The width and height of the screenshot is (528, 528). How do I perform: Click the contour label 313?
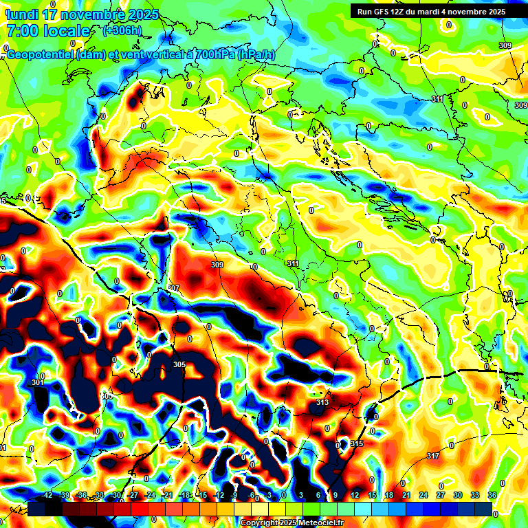pos(322,402)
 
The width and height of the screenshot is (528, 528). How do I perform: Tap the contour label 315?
pos(356,444)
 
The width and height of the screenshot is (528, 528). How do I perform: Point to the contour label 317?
pos(432,456)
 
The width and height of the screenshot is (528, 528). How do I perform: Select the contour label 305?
pos(179,364)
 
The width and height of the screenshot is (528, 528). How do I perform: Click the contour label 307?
pos(173,288)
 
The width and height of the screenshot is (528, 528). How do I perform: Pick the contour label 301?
pos(38,382)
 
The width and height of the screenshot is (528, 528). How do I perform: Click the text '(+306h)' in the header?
pos(122,30)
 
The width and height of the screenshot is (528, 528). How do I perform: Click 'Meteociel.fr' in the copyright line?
pos(318,523)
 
